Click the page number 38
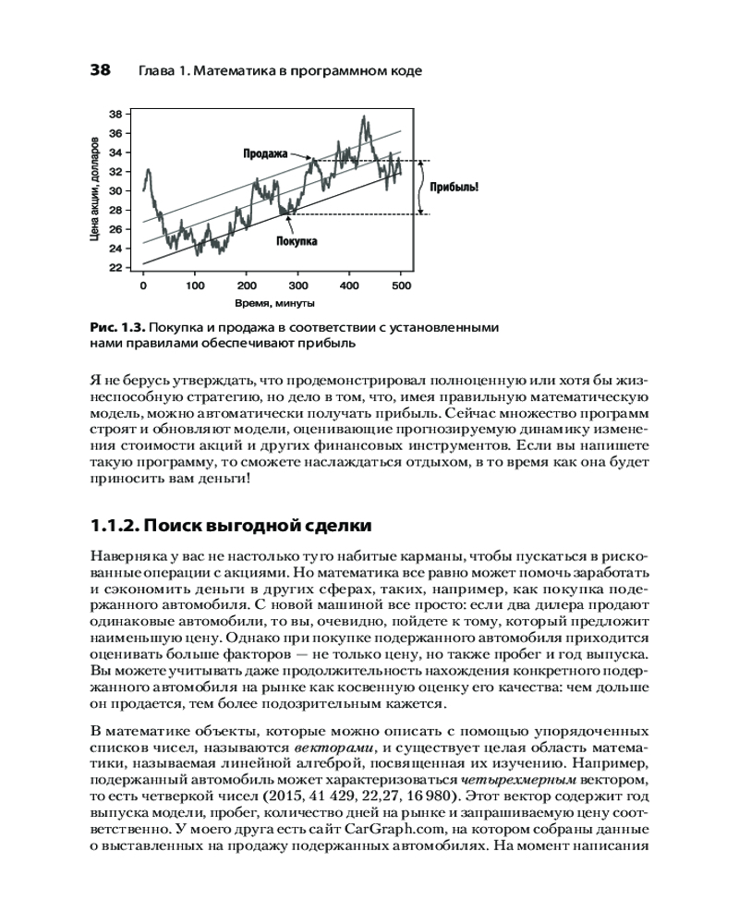(x=100, y=70)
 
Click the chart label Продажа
(x=266, y=153)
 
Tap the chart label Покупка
(x=297, y=241)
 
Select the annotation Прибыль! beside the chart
(x=454, y=188)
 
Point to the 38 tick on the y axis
(x=116, y=114)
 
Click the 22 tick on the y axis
(x=116, y=268)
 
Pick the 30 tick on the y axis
(x=116, y=191)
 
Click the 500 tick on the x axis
(x=401, y=286)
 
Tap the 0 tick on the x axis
(x=143, y=286)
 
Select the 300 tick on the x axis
(x=298, y=286)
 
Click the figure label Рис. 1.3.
(x=115, y=327)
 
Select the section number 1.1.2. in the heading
(x=121, y=527)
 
